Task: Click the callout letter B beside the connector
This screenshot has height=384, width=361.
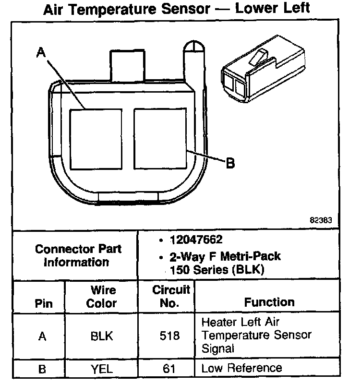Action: (230, 164)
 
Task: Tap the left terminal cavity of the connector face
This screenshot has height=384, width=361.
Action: (96, 139)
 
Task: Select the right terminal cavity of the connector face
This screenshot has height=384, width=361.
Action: (160, 138)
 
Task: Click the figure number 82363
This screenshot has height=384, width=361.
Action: (321, 221)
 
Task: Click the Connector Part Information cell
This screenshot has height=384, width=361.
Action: (78, 255)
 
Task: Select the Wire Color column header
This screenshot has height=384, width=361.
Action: (102, 297)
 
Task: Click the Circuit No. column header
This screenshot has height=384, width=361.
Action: (171, 297)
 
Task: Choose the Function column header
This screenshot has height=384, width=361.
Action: (269, 302)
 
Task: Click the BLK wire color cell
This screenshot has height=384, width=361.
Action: (102, 336)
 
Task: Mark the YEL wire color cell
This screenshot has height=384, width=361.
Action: (102, 369)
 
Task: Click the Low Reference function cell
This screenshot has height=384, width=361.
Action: (241, 368)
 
